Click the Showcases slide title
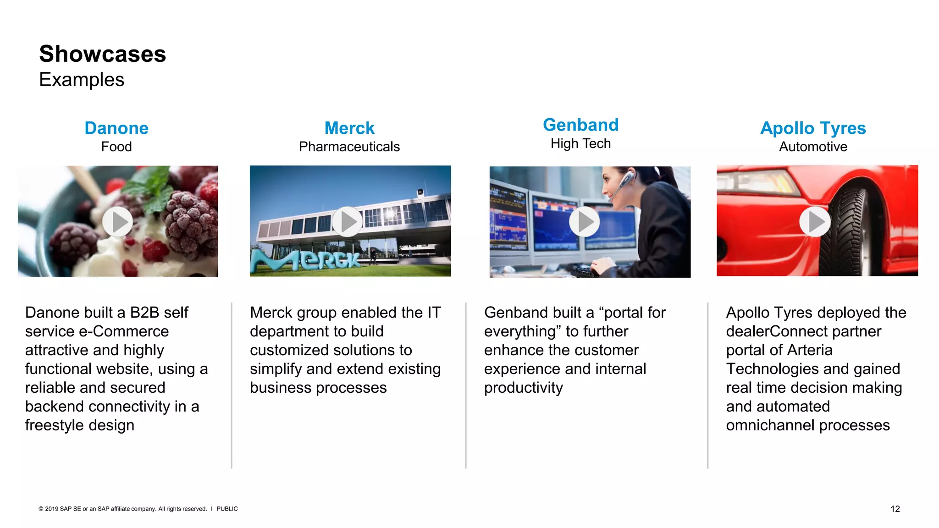click(x=102, y=54)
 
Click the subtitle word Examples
click(x=82, y=80)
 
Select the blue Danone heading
click(x=116, y=128)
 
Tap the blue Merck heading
click(x=349, y=128)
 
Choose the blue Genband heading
click(x=580, y=125)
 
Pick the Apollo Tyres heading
click(x=813, y=128)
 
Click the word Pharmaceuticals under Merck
click(x=349, y=147)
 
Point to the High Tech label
click(x=580, y=144)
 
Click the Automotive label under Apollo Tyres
click(x=813, y=147)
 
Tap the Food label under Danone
click(x=116, y=147)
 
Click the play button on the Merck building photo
click(x=348, y=222)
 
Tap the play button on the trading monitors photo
click(x=584, y=222)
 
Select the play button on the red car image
click(x=815, y=222)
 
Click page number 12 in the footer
click(x=895, y=509)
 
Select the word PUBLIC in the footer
click(x=227, y=509)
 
